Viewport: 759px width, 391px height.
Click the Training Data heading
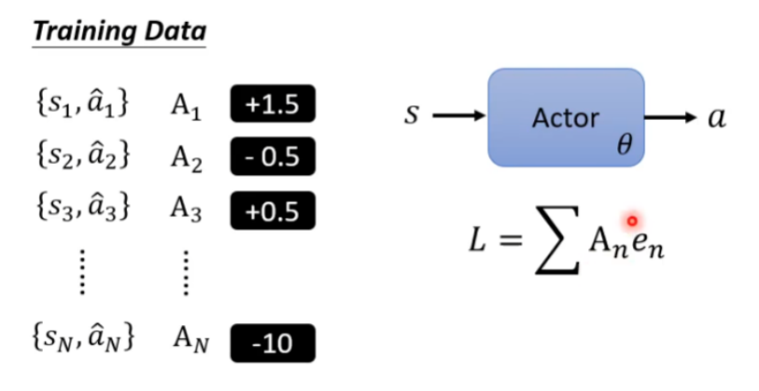pos(120,30)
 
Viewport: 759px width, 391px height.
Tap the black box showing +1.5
pos(272,106)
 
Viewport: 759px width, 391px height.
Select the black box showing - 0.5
pos(272,157)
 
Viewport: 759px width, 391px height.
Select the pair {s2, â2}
pos(81,157)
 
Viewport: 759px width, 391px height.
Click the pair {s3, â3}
pos(81,210)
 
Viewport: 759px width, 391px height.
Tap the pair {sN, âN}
pos(81,342)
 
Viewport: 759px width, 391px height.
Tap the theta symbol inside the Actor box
pos(625,145)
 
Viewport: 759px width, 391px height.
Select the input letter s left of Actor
pos(412,116)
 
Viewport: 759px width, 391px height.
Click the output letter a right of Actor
pos(717,117)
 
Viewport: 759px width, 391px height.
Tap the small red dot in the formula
pos(631,221)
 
